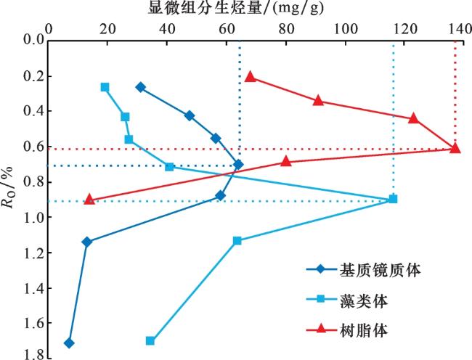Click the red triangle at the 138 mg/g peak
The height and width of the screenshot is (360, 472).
pyautogui.click(x=455, y=148)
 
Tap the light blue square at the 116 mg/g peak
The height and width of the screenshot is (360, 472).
pyautogui.click(x=393, y=199)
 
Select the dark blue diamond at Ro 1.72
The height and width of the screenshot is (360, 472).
pyautogui.click(x=69, y=343)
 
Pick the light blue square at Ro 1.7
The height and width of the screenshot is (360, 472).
pyautogui.click(x=150, y=340)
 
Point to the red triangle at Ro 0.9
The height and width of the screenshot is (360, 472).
pyautogui.click(x=89, y=199)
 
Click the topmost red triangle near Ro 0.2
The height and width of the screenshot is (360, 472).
pyautogui.click(x=251, y=76)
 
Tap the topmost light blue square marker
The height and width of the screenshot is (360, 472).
pyautogui.click(x=105, y=87)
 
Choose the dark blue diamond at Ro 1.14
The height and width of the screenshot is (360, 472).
pyautogui.click(x=87, y=242)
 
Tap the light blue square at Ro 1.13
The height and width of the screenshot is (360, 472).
pyautogui.click(x=237, y=240)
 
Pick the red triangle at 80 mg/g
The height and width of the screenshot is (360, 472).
pyautogui.click(x=285, y=161)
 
